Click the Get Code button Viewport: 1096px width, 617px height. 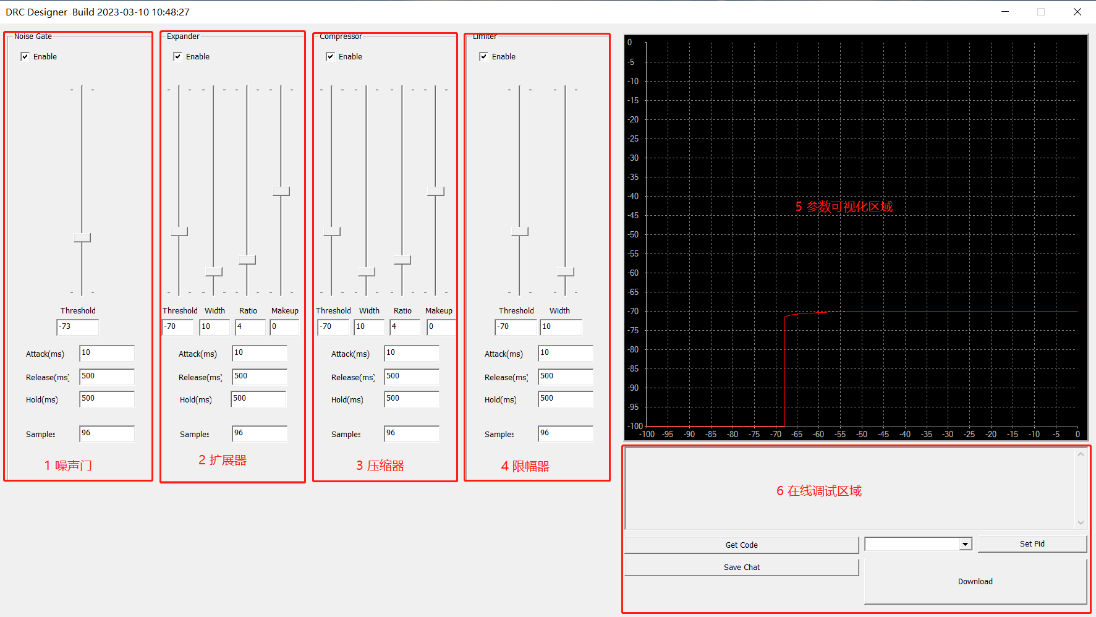point(741,545)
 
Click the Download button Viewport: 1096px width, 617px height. point(975,581)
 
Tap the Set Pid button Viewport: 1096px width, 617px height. point(1032,544)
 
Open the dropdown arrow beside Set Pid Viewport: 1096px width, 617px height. point(965,544)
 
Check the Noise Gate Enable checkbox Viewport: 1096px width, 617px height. point(25,56)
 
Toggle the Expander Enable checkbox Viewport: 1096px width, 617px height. point(178,56)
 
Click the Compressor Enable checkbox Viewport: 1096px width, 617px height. point(331,56)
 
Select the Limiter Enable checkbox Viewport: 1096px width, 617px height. point(484,56)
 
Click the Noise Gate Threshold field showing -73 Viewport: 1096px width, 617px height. point(78,326)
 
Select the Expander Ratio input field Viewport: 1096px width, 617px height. point(250,326)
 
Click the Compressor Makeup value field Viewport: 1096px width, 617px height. point(441,326)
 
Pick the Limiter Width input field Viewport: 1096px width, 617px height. point(561,326)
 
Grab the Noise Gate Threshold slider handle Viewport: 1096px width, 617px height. point(82,237)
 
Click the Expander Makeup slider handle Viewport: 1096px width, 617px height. point(281,192)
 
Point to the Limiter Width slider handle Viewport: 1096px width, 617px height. point(566,271)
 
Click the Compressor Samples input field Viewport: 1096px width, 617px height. point(411,433)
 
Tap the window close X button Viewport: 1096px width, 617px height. point(1077,12)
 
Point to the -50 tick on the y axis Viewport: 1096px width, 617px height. point(633,234)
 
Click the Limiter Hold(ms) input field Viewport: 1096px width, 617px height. point(565,399)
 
